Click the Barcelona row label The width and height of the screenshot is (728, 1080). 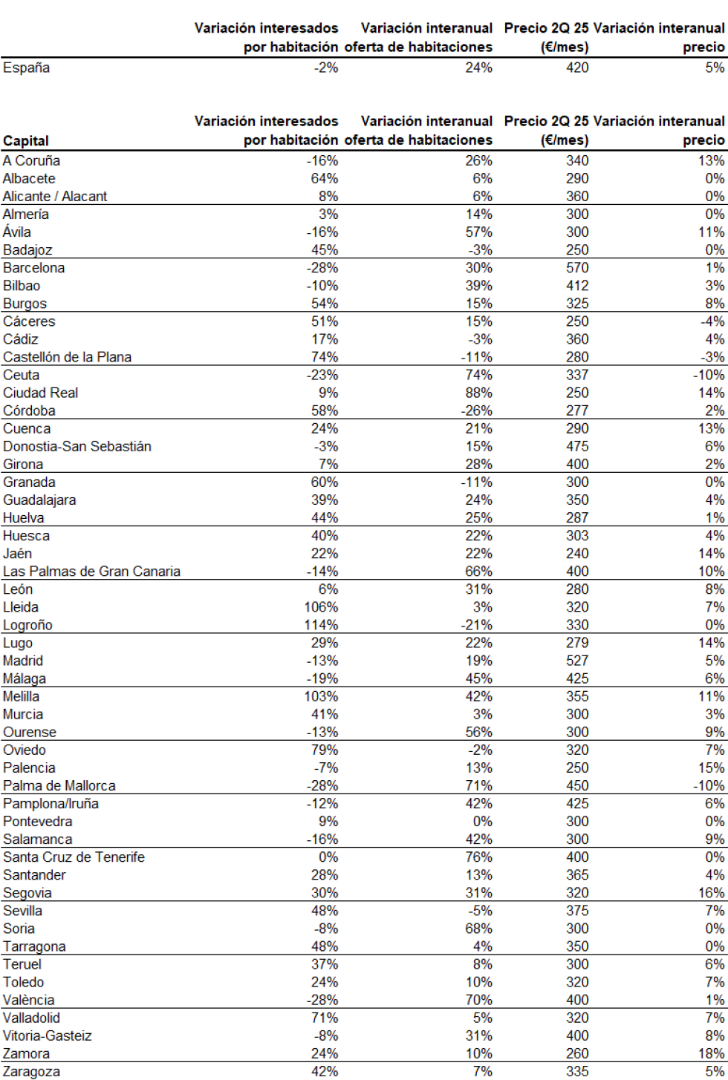click(x=33, y=268)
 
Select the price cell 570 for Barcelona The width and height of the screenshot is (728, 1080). click(x=576, y=268)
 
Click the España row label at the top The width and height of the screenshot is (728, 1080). click(x=27, y=68)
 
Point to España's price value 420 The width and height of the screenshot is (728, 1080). click(x=576, y=68)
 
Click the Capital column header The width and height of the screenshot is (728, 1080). click(x=26, y=141)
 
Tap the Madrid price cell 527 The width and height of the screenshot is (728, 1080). click(x=576, y=661)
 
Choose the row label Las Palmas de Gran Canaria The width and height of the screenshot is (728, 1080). click(x=91, y=572)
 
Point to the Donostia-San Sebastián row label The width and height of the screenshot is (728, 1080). click(x=77, y=446)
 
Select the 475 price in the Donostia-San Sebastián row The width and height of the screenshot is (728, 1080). click(x=576, y=446)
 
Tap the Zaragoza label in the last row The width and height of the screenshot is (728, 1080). click(x=31, y=1071)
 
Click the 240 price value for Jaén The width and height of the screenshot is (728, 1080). click(x=576, y=554)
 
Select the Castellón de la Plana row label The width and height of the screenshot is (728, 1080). click(x=67, y=357)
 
